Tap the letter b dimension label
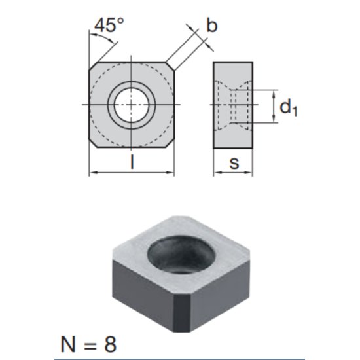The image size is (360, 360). pyautogui.click(x=211, y=26)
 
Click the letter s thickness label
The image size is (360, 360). pyautogui.click(x=234, y=163)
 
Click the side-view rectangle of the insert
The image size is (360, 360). pyautogui.click(x=233, y=104)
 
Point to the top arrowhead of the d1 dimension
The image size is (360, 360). pyautogui.click(x=273, y=93)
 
